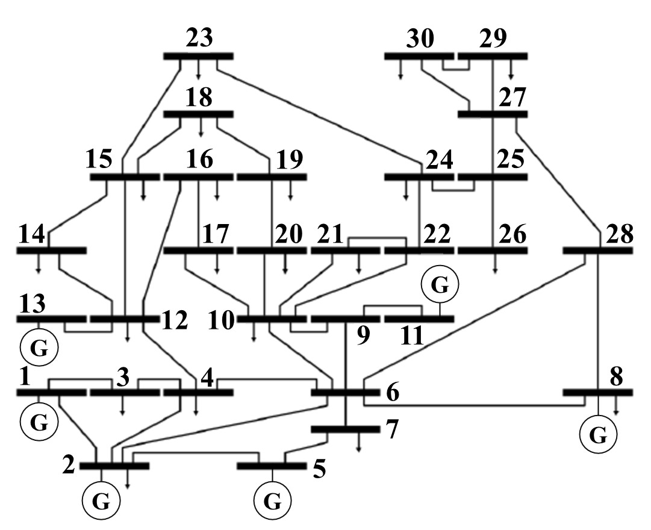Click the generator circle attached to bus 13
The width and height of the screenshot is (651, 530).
pos(39,348)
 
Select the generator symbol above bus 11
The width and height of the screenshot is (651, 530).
pos(440,285)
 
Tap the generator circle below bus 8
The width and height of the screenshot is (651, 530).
pos(597,435)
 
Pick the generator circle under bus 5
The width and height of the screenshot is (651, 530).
pos(273,500)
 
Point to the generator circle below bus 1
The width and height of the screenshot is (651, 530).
pos(39,422)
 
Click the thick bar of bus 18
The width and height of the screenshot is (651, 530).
pos(199,114)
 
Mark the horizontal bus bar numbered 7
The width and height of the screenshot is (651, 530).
pos(344,429)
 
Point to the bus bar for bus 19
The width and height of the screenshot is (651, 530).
pos(272,177)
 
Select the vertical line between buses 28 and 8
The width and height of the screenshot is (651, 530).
pos(598,319)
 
